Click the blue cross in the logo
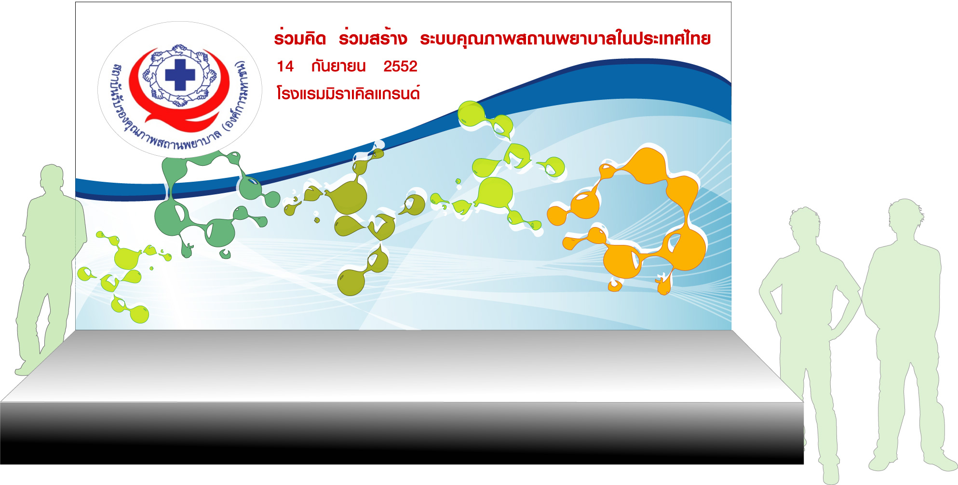pyautogui.click(x=180, y=75)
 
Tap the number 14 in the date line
pyautogui.click(x=285, y=67)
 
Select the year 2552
pyautogui.click(x=400, y=67)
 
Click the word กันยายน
pyautogui.click(x=338, y=66)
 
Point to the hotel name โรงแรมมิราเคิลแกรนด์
pyautogui.click(x=348, y=93)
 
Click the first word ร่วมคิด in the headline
pyautogui.click(x=300, y=38)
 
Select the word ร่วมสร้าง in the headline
pyautogui.click(x=373, y=38)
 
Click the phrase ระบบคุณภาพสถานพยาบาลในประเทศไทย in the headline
pyautogui.click(x=565, y=38)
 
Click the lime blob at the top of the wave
pyautogui.click(x=472, y=114)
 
